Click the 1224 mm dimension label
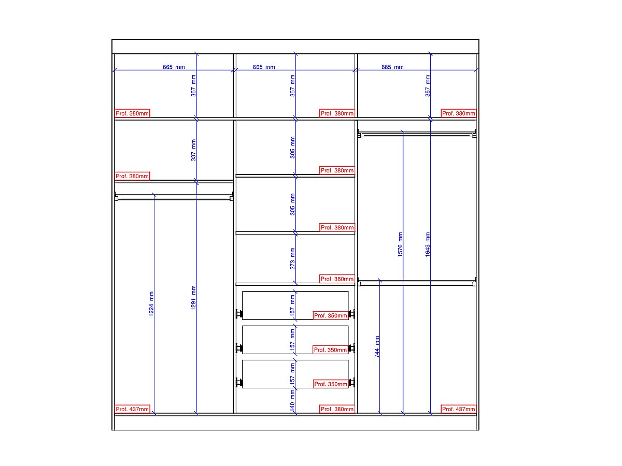(151, 303)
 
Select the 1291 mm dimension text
(193, 298)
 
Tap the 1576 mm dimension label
(400, 244)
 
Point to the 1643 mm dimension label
(427, 244)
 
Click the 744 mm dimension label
(377, 346)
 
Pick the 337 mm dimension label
(193, 150)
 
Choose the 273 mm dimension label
(292, 258)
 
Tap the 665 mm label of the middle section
(264, 67)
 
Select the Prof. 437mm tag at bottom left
(132, 409)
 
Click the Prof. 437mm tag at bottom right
(459, 409)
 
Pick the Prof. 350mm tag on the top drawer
(330, 315)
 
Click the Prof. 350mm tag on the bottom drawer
(330, 384)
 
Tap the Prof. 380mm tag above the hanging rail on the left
(132, 176)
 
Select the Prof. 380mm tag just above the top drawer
(337, 279)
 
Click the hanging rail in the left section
(174, 197)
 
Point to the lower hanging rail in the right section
(417, 283)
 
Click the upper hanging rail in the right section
(417, 135)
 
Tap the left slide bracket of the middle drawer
(239, 348)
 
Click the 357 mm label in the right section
(427, 86)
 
